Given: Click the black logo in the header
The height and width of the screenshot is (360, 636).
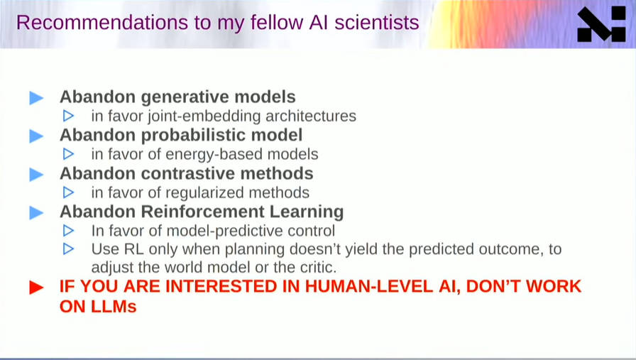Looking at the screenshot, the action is point(601,24).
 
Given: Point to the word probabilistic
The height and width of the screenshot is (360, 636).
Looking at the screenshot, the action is point(193,136).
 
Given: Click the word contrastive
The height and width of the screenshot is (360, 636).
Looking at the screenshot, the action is point(188,173).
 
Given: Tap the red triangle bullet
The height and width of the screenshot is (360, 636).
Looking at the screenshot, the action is point(36,288).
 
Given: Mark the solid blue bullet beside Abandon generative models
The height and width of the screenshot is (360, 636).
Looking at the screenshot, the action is point(36,98).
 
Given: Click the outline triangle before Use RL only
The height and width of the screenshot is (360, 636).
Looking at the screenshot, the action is point(69,249).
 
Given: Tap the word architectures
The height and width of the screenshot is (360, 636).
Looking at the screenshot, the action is point(311,116).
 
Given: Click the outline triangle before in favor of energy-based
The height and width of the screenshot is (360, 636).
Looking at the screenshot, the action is point(69,154).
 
